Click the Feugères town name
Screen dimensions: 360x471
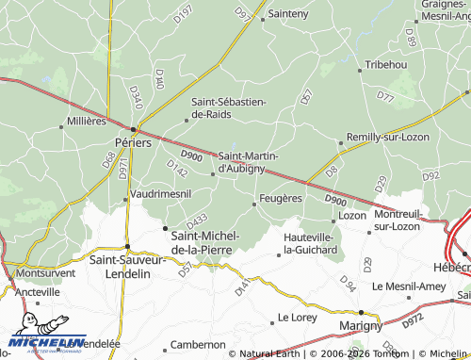point(280,198)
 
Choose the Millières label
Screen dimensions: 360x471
point(88,122)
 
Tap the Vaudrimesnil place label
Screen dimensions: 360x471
point(161,192)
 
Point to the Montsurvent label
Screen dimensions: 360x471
point(45,272)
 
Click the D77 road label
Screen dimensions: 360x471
point(385,96)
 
